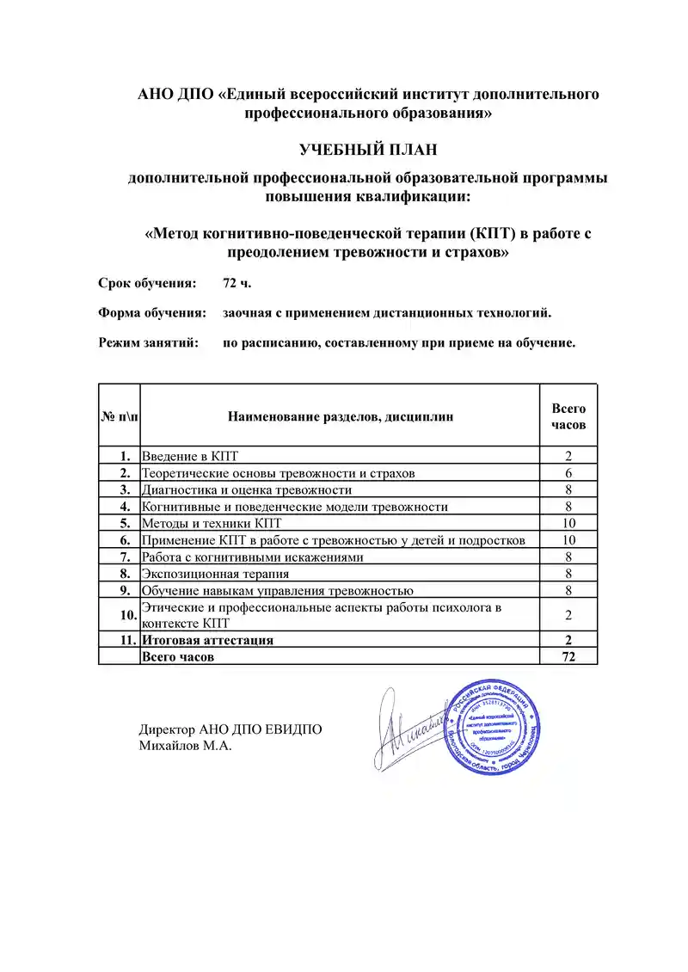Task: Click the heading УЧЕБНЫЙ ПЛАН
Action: coord(368,150)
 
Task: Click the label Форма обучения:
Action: coord(151,312)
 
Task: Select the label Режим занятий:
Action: coord(148,342)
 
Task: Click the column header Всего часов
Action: coord(568,417)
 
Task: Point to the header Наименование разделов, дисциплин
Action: coord(341,417)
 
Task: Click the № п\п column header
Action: coord(120,417)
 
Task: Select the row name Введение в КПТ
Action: coord(195,456)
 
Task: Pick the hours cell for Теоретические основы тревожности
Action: coord(568,473)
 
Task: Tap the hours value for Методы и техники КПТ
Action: coord(568,523)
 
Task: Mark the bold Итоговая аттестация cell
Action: coord(208,640)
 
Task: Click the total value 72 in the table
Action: coord(568,656)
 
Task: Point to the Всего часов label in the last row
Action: coord(178,656)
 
